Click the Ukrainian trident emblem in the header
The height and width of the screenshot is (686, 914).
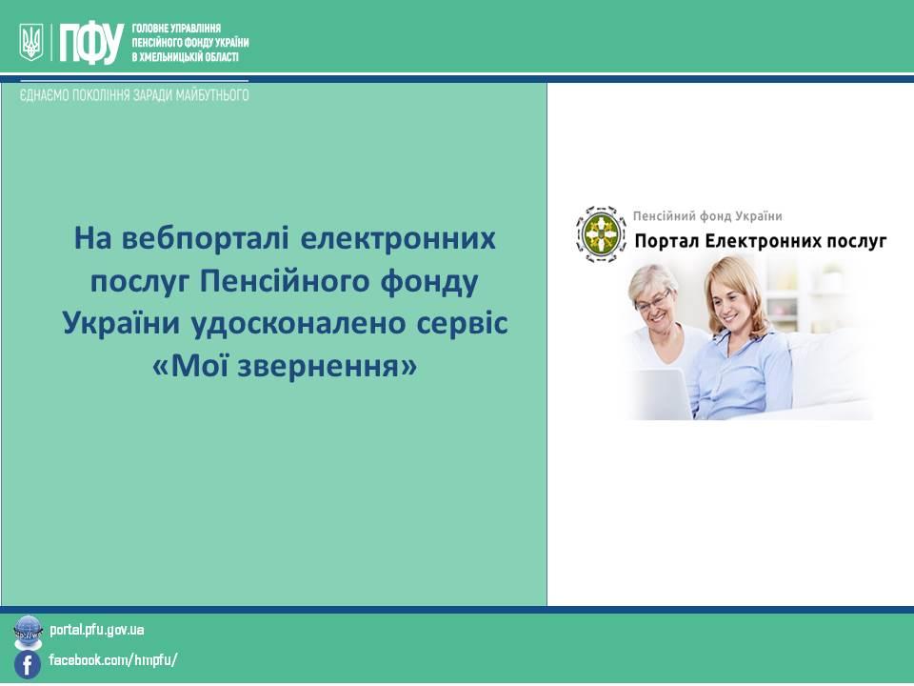30,42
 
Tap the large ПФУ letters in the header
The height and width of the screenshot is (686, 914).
91,43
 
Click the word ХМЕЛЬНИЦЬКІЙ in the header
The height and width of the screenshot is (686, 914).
169,57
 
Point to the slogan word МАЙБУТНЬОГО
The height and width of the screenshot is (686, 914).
221,95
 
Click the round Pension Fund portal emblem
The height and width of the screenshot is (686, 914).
601,234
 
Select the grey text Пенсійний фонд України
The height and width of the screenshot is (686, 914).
707,216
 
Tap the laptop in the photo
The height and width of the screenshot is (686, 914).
662,393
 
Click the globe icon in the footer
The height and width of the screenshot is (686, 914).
28,632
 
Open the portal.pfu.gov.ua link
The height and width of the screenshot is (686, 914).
97,630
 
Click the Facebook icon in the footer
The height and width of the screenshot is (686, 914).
28,665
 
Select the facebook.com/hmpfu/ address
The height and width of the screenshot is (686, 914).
113,660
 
